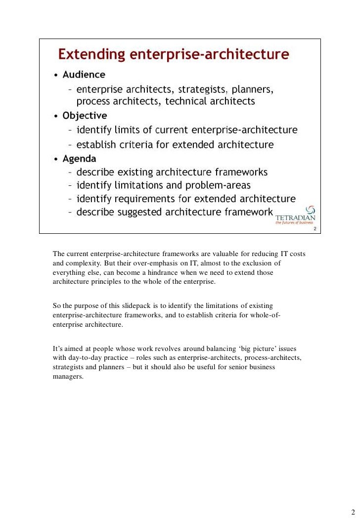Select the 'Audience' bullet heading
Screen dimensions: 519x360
tap(84, 75)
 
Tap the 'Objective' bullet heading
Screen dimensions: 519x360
tap(85, 116)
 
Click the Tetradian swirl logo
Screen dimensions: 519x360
tap(311, 210)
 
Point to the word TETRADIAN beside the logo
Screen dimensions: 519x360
tap(295, 217)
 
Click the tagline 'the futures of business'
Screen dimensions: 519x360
tap(295, 223)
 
